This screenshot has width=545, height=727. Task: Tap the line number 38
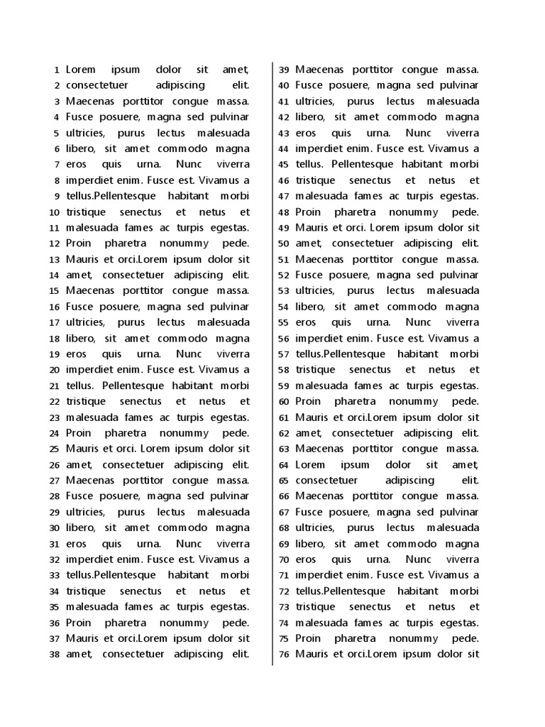click(x=53, y=655)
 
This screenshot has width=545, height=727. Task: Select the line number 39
click(x=283, y=70)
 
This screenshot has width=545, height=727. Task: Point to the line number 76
click(x=283, y=655)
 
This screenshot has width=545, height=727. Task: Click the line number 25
click(x=53, y=449)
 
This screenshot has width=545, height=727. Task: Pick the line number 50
click(x=283, y=244)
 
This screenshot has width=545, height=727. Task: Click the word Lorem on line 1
click(x=81, y=70)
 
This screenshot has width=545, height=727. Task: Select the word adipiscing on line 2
click(x=180, y=85)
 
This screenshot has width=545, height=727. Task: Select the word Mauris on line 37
click(x=82, y=638)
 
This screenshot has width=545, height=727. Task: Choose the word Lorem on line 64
click(x=310, y=464)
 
